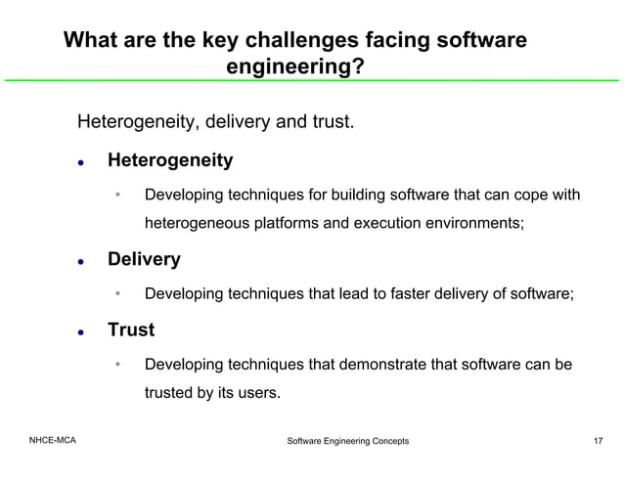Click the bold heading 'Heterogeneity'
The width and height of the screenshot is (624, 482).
click(169, 159)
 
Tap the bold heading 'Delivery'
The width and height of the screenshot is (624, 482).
click(144, 259)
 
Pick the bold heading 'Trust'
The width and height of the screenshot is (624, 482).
click(131, 329)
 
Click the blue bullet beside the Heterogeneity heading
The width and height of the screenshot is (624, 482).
click(84, 161)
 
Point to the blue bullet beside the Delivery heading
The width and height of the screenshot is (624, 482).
click(84, 261)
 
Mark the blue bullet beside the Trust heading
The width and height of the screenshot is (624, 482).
click(84, 331)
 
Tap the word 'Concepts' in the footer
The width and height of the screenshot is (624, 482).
click(387, 442)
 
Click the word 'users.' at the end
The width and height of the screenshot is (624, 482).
click(257, 394)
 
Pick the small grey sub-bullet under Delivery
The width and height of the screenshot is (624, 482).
click(117, 294)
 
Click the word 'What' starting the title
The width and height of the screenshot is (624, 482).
click(89, 41)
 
